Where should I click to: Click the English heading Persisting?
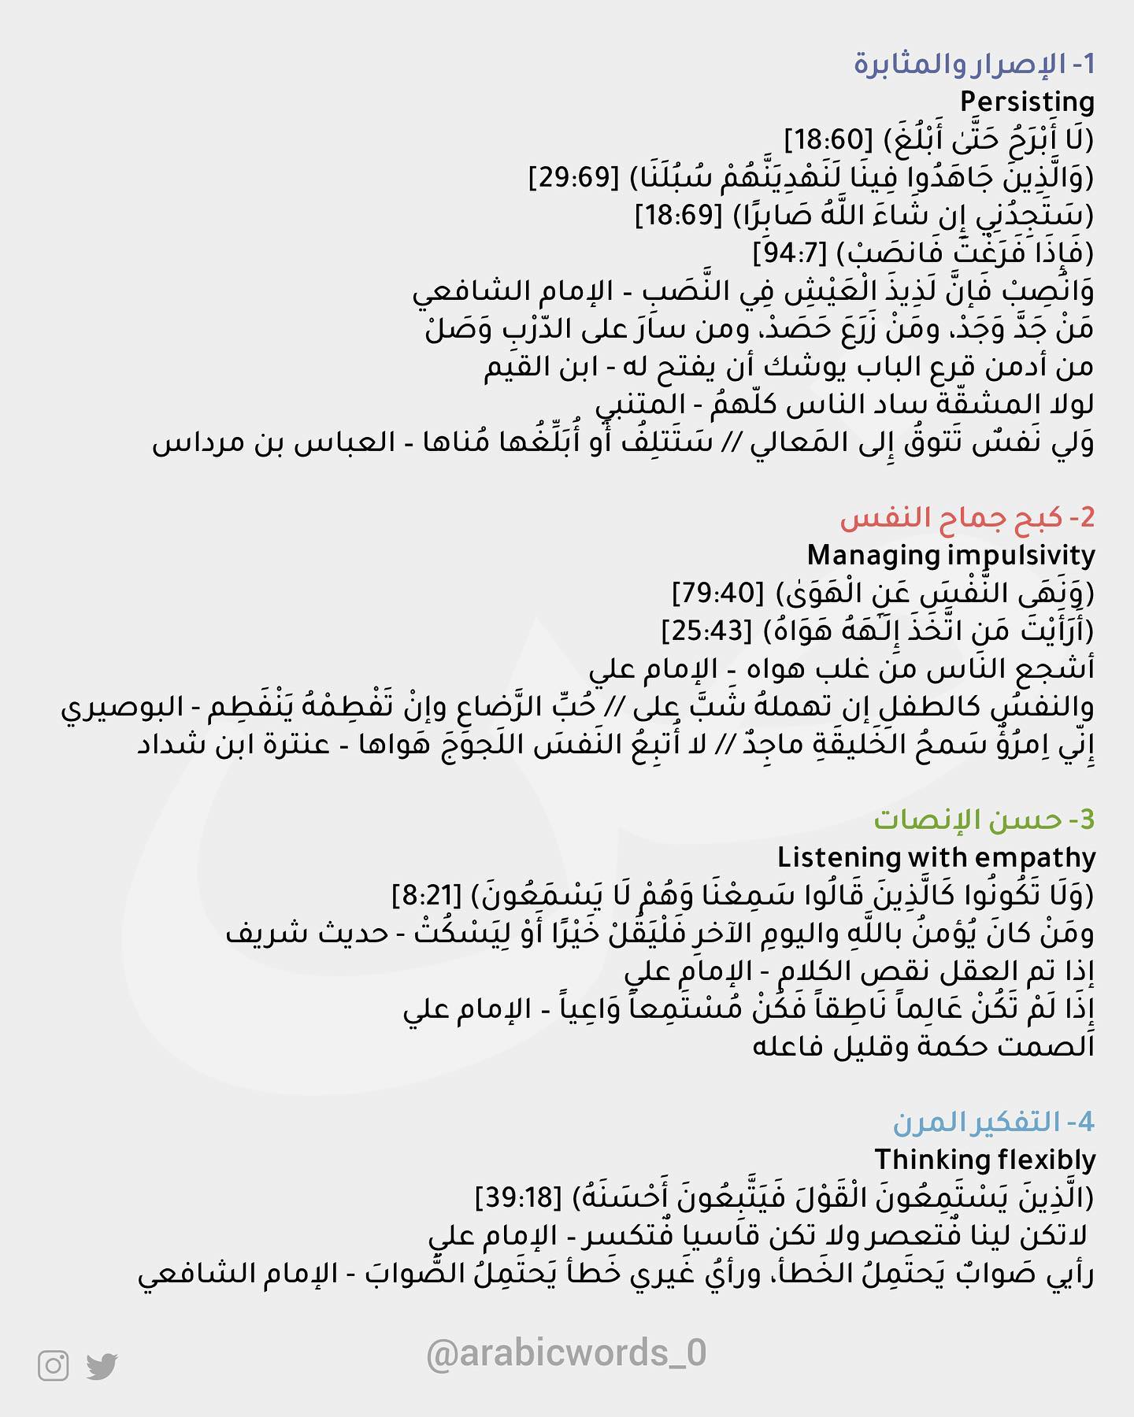(x=1027, y=102)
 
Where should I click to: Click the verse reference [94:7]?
(x=788, y=253)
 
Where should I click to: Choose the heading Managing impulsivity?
(x=951, y=556)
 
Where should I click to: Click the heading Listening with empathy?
(x=936, y=857)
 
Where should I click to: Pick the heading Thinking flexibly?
(x=984, y=1160)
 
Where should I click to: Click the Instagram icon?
(x=53, y=1366)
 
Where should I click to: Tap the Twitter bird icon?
(x=102, y=1366)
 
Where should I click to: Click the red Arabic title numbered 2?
(x=967, y=518)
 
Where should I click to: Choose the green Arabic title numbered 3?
(x=984, y=819)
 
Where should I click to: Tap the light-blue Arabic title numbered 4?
(x=994, y=1122)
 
